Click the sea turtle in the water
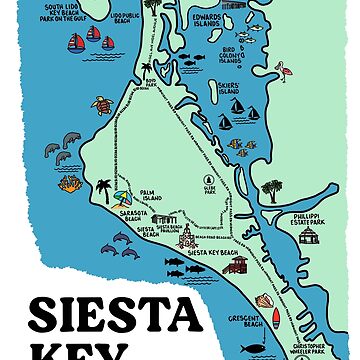point(100,105)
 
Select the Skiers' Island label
point(228,88)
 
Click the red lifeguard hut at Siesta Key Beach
point(235,264)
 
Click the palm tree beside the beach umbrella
point(103,189)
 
